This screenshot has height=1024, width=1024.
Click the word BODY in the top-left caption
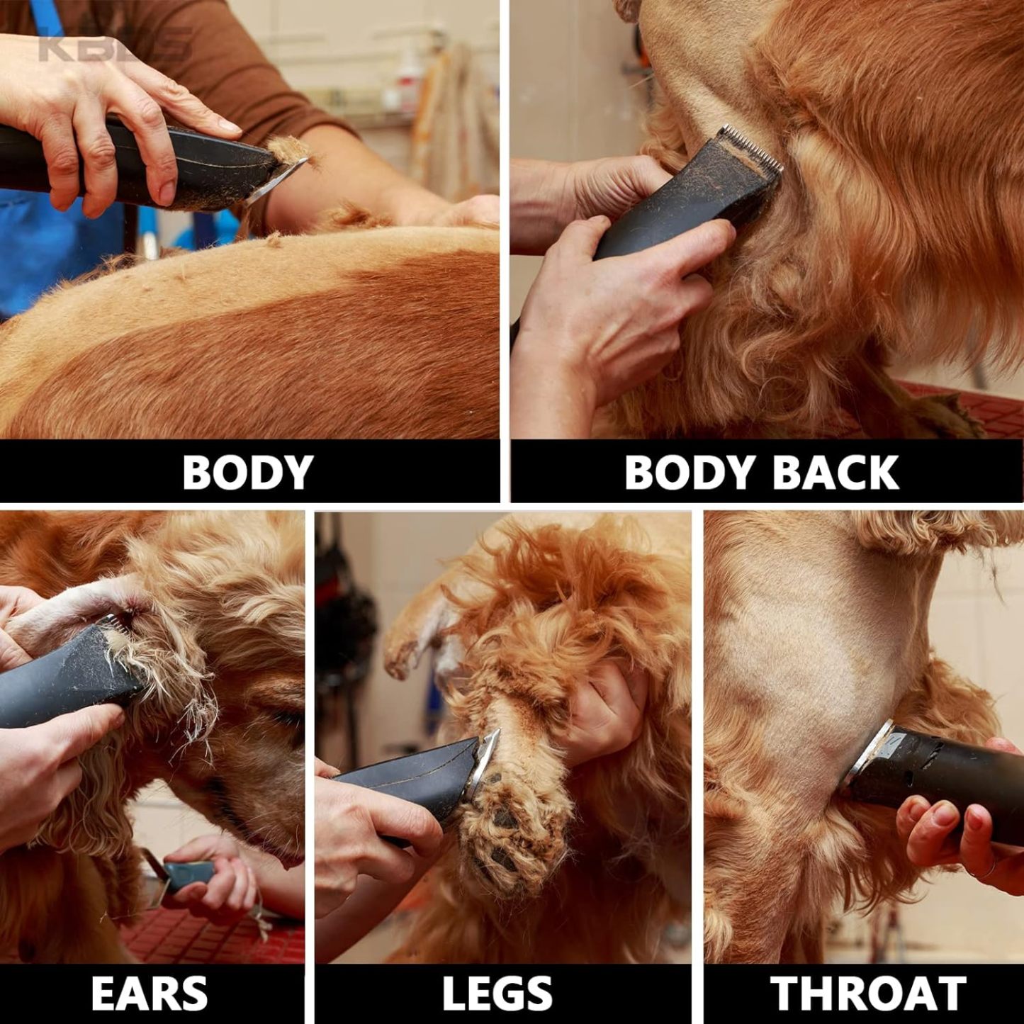pyautogui.click(x=247, y=472)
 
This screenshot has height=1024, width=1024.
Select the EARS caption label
pyautogui.click(x=149, y=994)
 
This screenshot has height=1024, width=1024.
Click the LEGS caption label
pyautogui.click(x=497, y=994)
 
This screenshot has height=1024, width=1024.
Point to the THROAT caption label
pyautogui.click(x=868, y=994)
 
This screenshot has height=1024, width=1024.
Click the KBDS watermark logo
pyautogui.click(x=113, y=44)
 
